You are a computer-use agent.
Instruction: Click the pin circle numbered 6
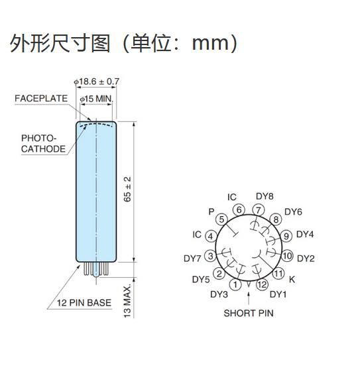(239, 210)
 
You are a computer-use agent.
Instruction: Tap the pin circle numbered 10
(287, 255)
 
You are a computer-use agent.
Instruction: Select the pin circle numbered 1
(235, 284)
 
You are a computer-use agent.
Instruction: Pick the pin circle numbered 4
(210, 236)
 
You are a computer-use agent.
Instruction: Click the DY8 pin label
(265, 196)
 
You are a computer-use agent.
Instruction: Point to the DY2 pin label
(306, 259)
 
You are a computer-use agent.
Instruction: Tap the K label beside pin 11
(292, 279)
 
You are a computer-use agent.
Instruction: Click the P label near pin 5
(211, 212)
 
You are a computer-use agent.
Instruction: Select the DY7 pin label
(192, 259)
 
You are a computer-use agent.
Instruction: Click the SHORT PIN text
(249, 313)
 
